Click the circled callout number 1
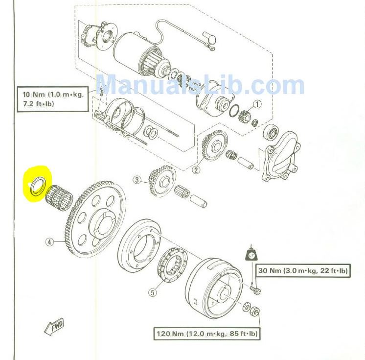(x=257, y=104)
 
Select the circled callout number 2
(x=196, y=170)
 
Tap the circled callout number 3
(x=137, y=180)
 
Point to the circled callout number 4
(x=49, y=242)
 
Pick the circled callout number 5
(x=153, y=292)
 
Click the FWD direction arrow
(x=54, y=326)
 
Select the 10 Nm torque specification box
(x=53, y=99)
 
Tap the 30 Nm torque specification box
(x=303, y=271)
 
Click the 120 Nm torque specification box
(x=207, y=334)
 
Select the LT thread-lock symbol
(x=251, y=255)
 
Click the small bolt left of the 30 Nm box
(x=255, y=289)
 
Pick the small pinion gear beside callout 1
(x=244, y=116)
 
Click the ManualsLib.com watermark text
(x=200, y=85)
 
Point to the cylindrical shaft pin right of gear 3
(x=199, y=201)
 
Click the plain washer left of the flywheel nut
(x=247, y=307)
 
